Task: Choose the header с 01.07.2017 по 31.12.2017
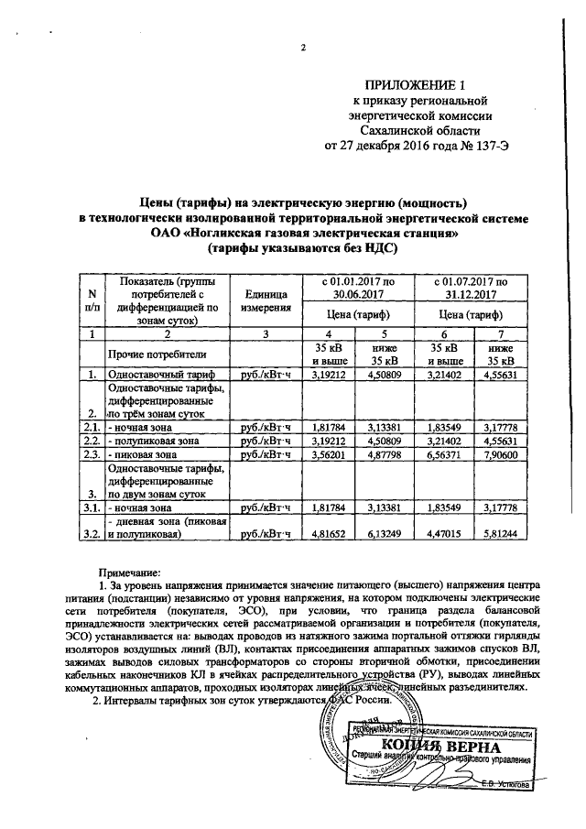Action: point(469,289)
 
